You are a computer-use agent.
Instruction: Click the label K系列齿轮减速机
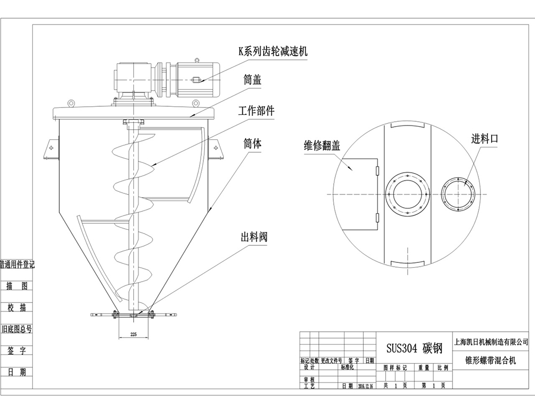coord(273,51)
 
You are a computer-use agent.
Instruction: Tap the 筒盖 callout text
coord(252,81)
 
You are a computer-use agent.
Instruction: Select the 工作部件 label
coord(256,111)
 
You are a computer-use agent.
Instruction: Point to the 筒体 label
coord(252,144)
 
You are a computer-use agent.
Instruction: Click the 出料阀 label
coord(254,237)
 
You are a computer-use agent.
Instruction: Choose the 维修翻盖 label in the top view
coord(322,145)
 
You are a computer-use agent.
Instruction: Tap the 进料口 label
coord(485,139)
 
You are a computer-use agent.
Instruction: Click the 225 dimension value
coord(127,334)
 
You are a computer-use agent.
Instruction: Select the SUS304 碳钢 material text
coord(415,348)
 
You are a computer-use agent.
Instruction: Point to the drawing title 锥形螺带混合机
coord(491,361)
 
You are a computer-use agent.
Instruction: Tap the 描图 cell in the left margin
coord(17,286)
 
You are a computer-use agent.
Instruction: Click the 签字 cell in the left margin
coord(17,350)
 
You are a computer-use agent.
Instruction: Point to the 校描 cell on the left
coord(17,307)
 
